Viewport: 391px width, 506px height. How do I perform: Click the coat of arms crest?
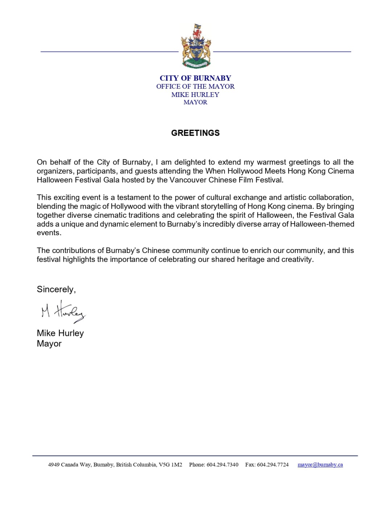pyautogui.click(x=196, y=46)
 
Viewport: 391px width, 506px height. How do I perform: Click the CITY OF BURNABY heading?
pyautogui.click(x=195, y=78)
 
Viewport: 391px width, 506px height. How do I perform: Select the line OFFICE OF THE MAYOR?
pyautogui.click(x=195, y=87)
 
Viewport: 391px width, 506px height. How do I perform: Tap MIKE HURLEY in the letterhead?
pyautogui.click(x=195, y=95)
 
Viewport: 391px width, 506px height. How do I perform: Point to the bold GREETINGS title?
pyautogui.click(x=195, y=133)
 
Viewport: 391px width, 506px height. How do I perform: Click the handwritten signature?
pyautogui.click(x=63, y=312)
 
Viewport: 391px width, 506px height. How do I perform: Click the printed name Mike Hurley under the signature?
pyautogui.click(x=60, y=333)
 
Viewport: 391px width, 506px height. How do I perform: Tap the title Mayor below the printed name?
pyautogui.click(x=49, y=344)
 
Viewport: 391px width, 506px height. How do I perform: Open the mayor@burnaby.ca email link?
pyautogui.click(x=320, y=465)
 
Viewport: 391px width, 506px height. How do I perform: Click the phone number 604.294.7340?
pyautogui.click(x=222, y=465)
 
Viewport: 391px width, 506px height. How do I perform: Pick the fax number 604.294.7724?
pyautogui.click(x=273, y=465)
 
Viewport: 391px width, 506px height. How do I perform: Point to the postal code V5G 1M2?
pyautogui.click(x=170, y=465)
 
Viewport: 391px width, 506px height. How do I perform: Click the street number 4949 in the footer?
pyautogui.click(x=54, y=465)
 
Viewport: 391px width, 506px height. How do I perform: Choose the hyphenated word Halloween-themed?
pyautogui.click(x=322, y=224)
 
